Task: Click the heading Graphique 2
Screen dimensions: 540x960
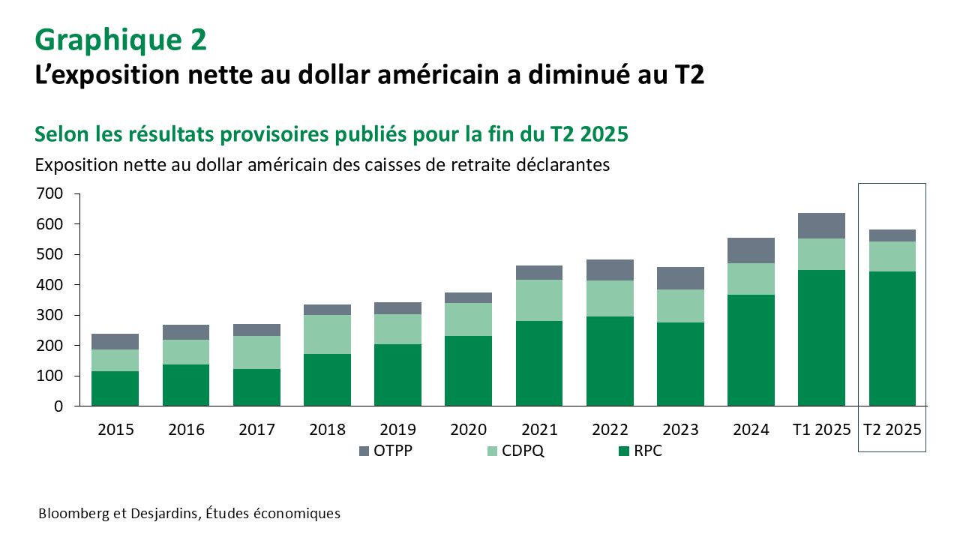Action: tap(121, 40)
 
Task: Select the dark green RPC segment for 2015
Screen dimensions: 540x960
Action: tap(115, 388)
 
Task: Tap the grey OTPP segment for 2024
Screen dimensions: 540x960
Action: tap(751, 250)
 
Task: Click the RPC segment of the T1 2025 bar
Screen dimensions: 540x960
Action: tap(821, 337)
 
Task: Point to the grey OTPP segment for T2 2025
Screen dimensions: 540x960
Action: tap(892, 235)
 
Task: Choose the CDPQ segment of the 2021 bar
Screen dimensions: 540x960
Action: tap(538, 300)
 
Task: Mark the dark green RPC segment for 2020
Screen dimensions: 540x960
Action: tap(468, 370)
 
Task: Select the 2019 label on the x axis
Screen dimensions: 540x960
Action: tap(397, 430)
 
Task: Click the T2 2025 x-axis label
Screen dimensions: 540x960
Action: tap(892, 430)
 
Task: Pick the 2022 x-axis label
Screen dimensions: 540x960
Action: tap(609, 430)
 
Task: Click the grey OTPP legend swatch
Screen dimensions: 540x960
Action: tap(364, 451)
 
